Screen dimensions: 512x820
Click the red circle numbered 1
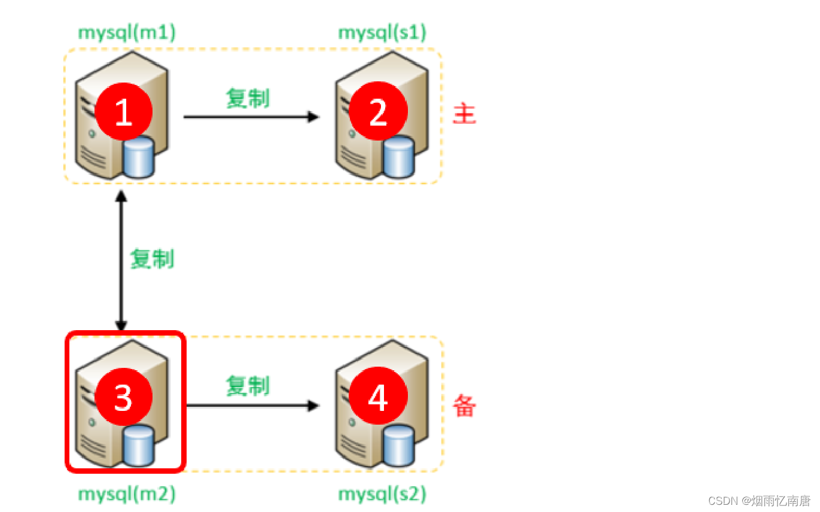124,111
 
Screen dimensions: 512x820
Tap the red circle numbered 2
378,112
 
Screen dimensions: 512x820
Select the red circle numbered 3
124,397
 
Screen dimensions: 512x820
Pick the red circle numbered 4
378,397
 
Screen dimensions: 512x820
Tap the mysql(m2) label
127,494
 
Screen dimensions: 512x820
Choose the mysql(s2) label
382,494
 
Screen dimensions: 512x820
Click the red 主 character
464,114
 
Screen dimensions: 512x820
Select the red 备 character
464,406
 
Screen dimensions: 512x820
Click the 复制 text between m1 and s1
248,98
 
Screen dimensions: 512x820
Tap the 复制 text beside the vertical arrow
152,259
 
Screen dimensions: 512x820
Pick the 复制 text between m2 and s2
248,386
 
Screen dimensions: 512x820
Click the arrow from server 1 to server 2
251,117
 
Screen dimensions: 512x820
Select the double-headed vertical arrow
121,261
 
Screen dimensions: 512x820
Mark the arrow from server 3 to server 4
252,406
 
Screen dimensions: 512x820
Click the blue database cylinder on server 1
139,156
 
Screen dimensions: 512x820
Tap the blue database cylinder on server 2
398,157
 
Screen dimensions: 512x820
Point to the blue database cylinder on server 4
398,446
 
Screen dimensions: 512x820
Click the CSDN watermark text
758,500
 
